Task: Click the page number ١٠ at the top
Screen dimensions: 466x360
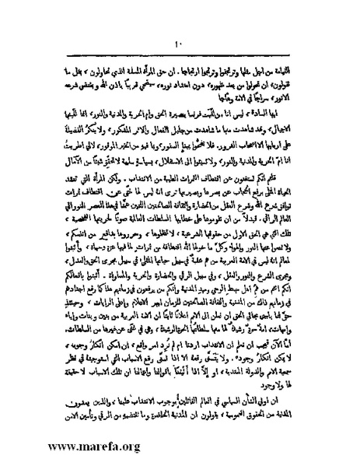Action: pyautogui.click(x=177, y=22)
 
